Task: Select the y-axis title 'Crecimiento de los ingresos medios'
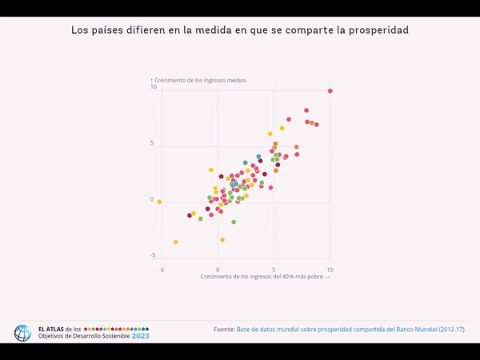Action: [200, 81]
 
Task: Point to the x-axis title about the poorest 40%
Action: [265, 276]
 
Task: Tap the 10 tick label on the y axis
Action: [153, 87]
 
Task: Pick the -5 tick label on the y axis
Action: [152, 254]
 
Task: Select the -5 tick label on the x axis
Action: [161, 270]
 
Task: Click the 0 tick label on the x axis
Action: [218, 270]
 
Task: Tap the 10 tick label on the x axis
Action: [330, 270]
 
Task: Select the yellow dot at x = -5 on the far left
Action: [159, 202]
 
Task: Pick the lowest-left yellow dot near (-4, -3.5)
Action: [175, 242]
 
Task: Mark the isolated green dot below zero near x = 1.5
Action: [234, 222]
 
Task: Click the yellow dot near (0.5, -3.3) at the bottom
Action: [222, 239]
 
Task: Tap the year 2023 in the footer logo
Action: [140, 336]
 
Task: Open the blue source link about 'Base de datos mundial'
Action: [350, 329]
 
